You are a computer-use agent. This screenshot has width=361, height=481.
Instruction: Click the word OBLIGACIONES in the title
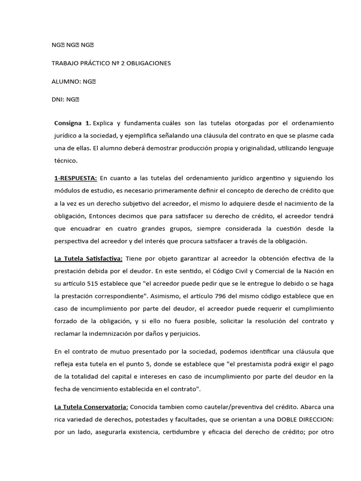pos(149,63)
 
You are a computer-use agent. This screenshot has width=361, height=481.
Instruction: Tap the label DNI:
pos(58,99)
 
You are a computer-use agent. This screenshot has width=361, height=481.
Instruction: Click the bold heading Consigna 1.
pos(72,123)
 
